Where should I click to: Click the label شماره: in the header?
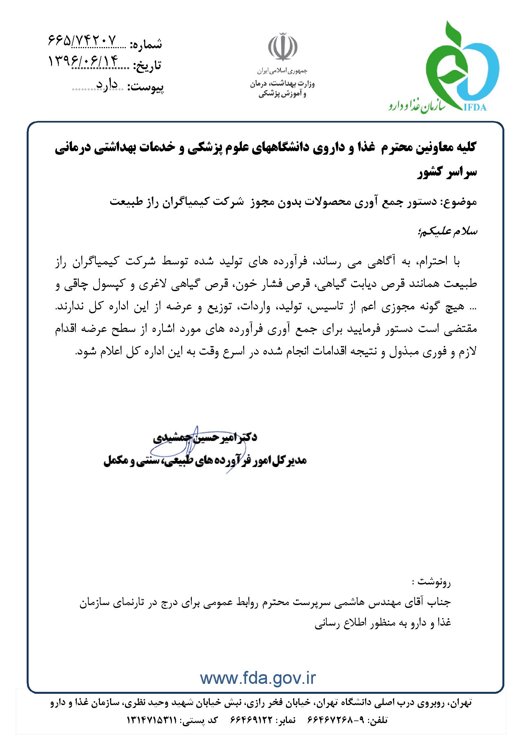(x=146, y=44)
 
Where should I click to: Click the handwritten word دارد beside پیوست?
(x=106, y=85)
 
